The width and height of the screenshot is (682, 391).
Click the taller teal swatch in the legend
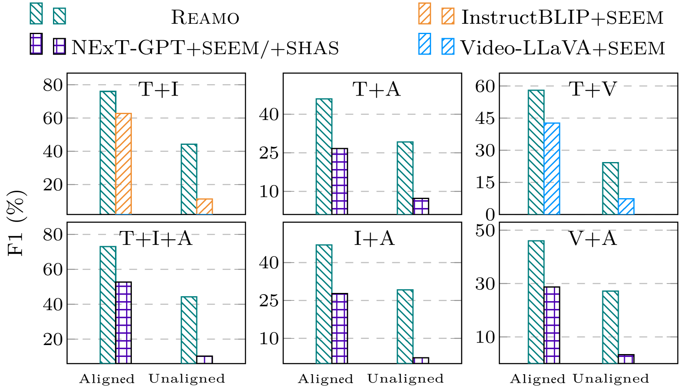(x=36, y=14)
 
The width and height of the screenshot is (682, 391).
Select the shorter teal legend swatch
(x=60, y=16)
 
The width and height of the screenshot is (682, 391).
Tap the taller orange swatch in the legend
(x=425, y=14)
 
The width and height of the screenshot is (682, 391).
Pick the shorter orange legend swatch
(x=448, y=16)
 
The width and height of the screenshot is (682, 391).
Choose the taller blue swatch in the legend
(x=425, y=44)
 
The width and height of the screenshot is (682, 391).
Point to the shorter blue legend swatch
(x=448, y=46)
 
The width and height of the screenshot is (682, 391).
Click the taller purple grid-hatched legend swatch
(x=37, y=44)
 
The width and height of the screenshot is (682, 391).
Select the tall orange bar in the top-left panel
(x=124, y=163)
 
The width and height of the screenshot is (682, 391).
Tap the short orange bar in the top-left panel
(x=204, y=206)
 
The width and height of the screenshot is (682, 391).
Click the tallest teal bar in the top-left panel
(x=108, y=152)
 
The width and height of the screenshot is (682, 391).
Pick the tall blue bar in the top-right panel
(x=552, y=168)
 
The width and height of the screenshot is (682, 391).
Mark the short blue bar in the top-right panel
(x=626, y=206)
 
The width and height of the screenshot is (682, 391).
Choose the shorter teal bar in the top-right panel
(x=611, y=188)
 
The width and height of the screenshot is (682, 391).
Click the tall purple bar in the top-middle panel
(x=340, y=182)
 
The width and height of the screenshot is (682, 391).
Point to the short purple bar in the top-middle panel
(x=420, y=207)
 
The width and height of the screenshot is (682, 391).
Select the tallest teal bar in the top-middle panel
(x=324, y=156)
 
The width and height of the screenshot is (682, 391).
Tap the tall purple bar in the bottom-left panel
(x=124, y=323)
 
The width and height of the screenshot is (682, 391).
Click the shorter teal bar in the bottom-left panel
(x=189, y=330)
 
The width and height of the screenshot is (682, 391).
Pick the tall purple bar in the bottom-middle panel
(x=340, y=328)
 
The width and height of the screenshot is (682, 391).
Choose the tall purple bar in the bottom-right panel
(x=552, y=325)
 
